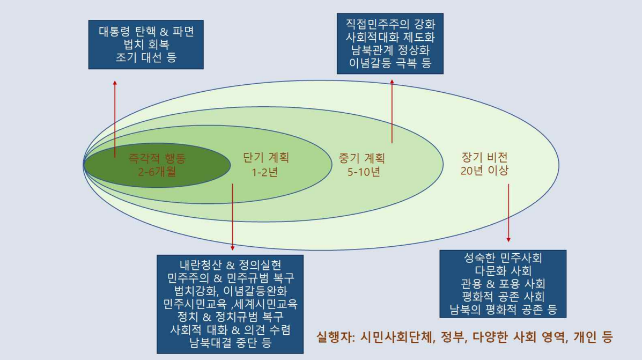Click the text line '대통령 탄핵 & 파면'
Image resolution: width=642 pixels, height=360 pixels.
coord(146,32)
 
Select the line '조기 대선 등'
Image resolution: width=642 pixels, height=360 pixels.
coord(146,57)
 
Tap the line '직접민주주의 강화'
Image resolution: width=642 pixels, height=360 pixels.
coord(390,24)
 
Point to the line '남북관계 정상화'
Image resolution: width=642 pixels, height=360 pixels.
coord(390,50)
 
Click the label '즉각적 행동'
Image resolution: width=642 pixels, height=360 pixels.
coord(157,158)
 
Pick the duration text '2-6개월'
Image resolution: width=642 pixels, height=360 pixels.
coord(157,171)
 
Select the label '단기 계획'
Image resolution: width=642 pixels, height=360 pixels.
coord(266,158)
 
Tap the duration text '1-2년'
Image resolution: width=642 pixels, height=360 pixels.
coord(265,172)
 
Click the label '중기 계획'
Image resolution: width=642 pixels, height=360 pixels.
coord(362,158)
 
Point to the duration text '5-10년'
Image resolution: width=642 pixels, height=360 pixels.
coord(364,172)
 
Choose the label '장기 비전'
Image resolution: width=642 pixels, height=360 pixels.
coord(485,157)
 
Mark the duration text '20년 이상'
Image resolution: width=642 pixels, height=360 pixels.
coord(484,171)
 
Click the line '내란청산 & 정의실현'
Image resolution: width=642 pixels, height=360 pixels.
coord(230,265)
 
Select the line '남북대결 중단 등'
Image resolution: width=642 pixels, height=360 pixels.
coord(230,342)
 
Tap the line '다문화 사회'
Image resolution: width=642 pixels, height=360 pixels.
coord(503,271)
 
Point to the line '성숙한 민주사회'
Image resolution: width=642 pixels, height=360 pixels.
coord(503,258)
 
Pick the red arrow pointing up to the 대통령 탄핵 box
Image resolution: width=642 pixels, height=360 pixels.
coord(115,119)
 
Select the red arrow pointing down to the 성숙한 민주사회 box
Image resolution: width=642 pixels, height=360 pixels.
coord(508,213)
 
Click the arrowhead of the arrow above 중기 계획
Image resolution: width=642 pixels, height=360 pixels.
coord(392,82)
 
